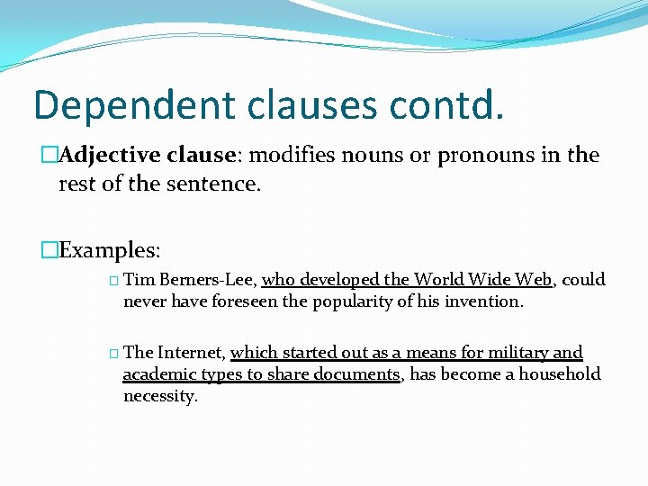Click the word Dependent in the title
pos(119,106)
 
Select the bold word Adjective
pos(112,156)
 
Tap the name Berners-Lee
pos(209,280)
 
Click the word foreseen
pos(245,301)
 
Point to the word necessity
pos(159,396)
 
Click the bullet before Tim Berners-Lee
pos(112,281)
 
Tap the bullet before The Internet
pos(112,354)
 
